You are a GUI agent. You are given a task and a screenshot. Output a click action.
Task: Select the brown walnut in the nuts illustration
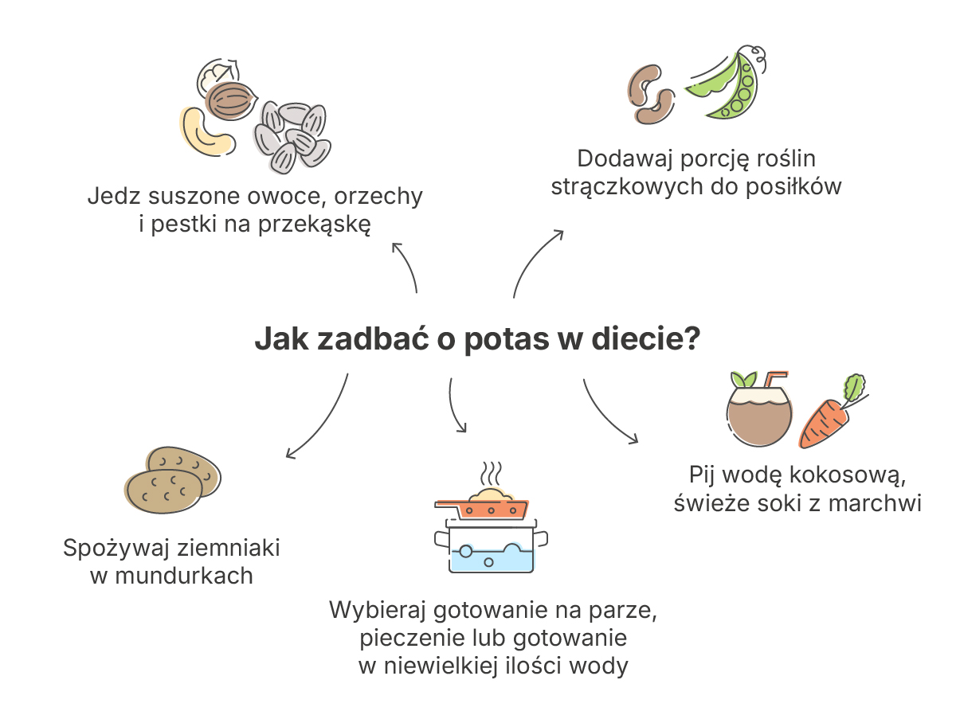pos(231,100)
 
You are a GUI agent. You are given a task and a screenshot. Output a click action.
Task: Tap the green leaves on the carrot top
pos(855,387)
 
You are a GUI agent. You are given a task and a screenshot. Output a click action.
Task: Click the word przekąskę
pos(315,225)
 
